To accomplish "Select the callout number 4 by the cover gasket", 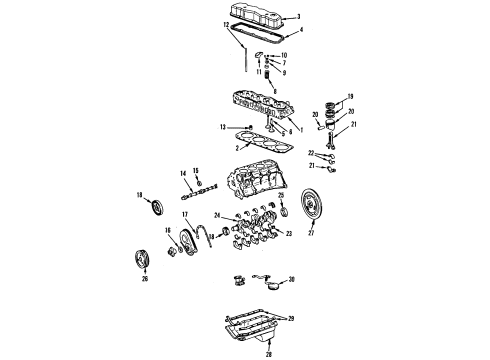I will (287, 33).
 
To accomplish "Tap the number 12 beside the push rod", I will (226, 50).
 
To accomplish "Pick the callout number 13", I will (225, 126).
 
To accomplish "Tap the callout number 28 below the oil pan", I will (239, 353).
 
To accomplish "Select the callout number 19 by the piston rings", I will (349, 98).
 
